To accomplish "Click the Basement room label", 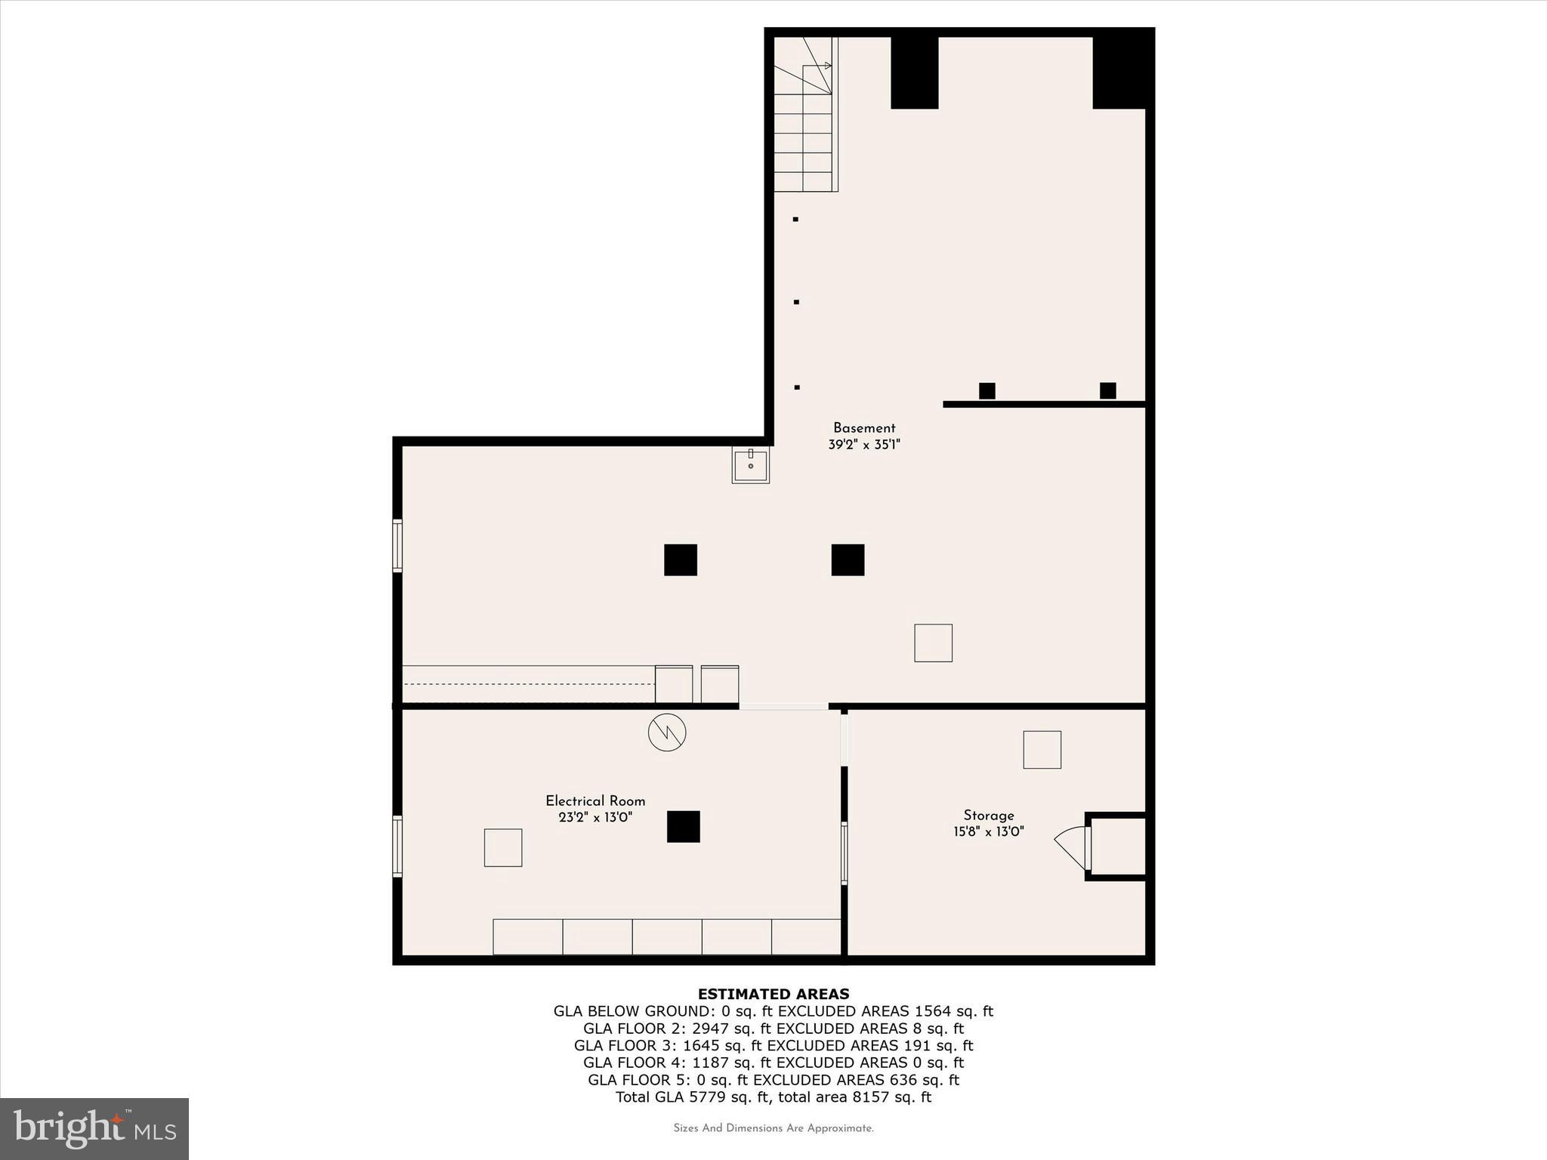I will [x=864, y=428].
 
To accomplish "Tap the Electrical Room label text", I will [x=595, y=801].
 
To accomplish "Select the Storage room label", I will [x=988, y=815].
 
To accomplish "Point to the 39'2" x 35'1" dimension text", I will [x=864, y=445].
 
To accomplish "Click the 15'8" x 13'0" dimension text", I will [x=988, y=831].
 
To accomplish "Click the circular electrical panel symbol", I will [x=667, y=732].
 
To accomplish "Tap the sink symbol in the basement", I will [x=750, y=464].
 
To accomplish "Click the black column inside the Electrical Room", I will [x=683, y=826].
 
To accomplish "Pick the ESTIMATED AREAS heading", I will [x=773, y=994].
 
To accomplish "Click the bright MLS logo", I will [x=94, y=1128].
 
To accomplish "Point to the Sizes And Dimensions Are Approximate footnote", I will [x=773, y=1128].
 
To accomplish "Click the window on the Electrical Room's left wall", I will [x=397, y=846].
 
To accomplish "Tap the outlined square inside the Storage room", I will [x=1042, y=749].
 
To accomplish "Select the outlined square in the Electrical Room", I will [x=503, y=847].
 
